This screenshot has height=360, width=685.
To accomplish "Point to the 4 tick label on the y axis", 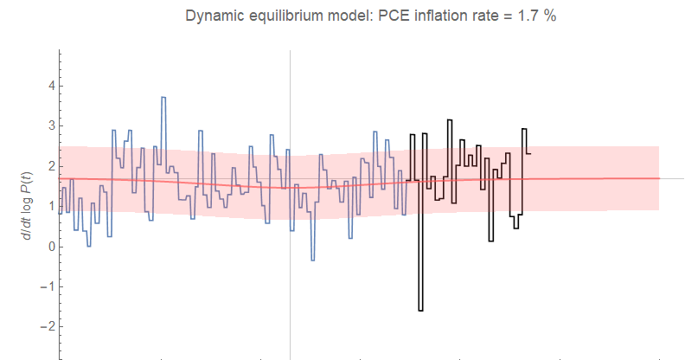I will click(51, 86).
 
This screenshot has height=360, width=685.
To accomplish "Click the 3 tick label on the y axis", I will click(51, 126).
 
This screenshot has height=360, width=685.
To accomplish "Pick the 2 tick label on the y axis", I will click(51, 166).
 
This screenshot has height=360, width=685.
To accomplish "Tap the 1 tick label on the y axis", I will click(51, 207).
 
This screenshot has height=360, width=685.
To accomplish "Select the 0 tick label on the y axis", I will click(51, 247).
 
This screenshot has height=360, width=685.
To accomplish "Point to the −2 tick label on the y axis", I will click(48, 327).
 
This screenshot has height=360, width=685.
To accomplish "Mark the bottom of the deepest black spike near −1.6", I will click(420, 310).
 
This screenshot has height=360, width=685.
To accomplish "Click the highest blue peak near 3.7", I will click(163, 98).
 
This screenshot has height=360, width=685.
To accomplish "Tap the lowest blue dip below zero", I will click(312, 260).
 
